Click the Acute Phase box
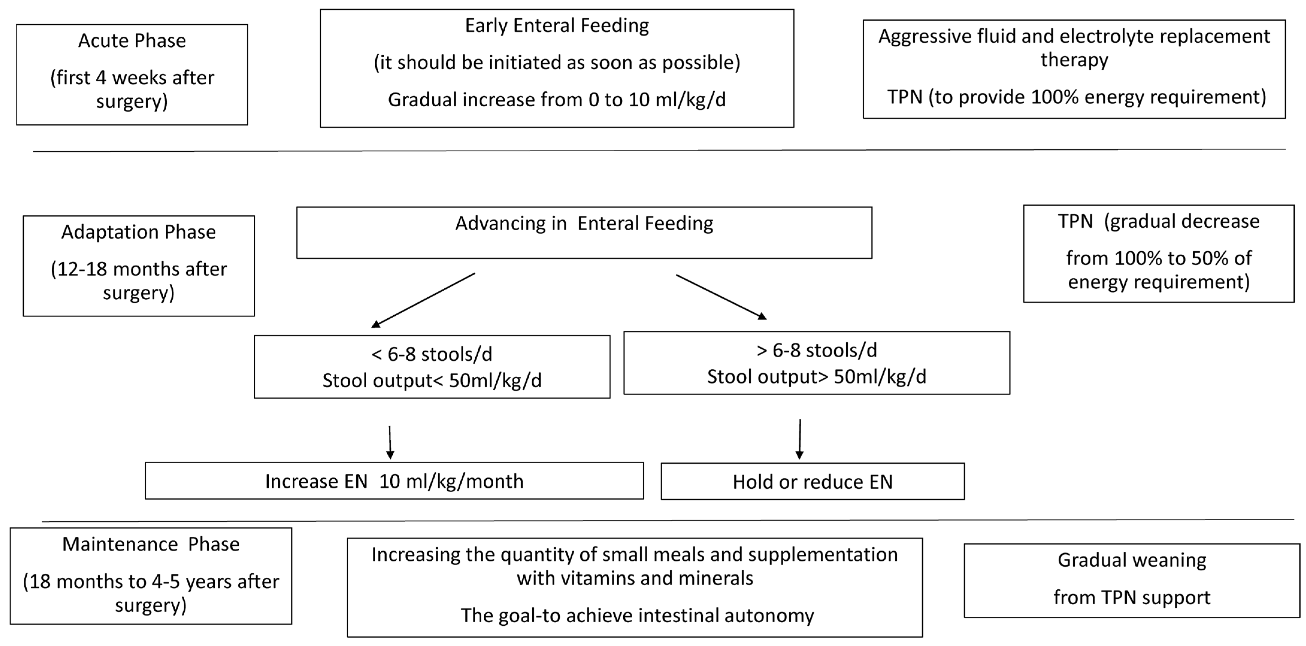point(132,75)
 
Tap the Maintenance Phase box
point(151,576)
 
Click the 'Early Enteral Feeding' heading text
point(557,25)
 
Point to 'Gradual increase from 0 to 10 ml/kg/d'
point(557,99)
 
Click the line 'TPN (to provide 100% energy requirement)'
point(1076,97)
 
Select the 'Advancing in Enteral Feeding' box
point(584,233)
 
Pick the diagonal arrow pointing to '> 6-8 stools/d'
point(721,297)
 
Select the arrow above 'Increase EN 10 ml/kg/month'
point(390,442)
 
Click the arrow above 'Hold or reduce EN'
point(799,439)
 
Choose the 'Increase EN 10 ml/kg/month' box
point(394,481)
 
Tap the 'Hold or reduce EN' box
point(812,481)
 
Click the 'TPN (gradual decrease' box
point(1158,254)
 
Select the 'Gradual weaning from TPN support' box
point(1132,580)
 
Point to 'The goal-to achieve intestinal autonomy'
point(637,615)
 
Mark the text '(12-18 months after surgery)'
point(138,280)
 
